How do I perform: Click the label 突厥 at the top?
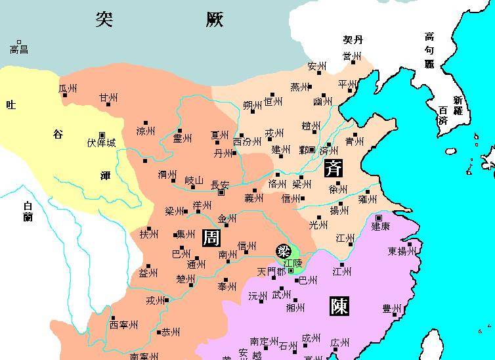pos(159,19)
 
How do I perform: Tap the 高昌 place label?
pos(19,50)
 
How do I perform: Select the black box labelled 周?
pos(211,237)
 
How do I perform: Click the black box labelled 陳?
pos(339,306)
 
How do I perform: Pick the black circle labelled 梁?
pos(284,252)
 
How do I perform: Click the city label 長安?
pos(220,185)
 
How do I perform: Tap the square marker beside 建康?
pos(379,217)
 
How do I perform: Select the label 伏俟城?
pos(101,143)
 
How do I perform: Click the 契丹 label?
pos(353,41)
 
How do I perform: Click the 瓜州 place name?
pos(68,88)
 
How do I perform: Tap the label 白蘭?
pos(28,212)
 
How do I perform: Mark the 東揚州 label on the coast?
pos(401,251)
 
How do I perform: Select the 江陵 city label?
pos(293,262)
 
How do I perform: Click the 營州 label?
pos(351,57)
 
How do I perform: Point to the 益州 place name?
pos(148,273)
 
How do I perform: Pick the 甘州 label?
pos(108,98)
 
